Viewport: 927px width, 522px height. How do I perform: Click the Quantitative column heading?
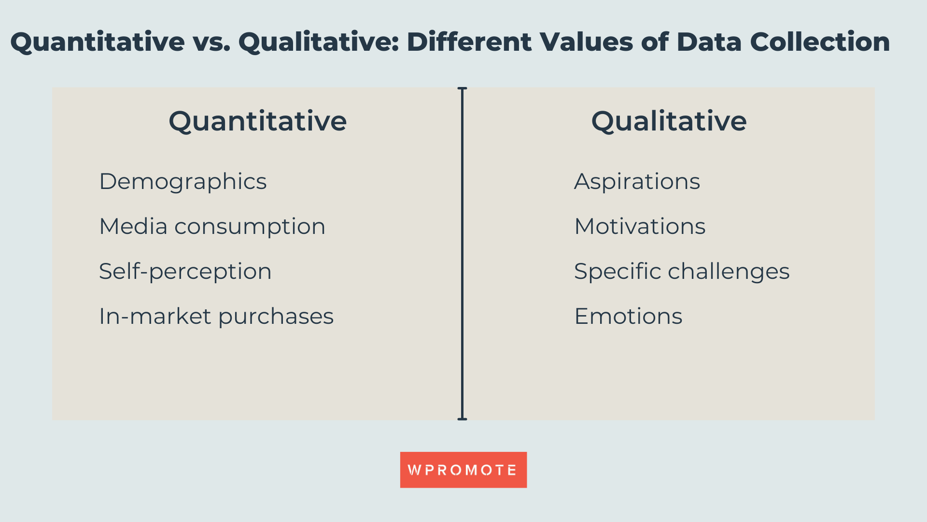(257, 121)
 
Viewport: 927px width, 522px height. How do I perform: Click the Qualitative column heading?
(669, 121)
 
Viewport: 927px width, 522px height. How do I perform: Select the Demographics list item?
(183, 182)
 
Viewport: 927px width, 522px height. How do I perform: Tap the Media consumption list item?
(212, 226)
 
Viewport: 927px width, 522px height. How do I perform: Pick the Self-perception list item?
(185, 271)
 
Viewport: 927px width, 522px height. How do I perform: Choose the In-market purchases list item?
(216, 316)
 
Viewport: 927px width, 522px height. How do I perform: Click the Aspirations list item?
(637, 182)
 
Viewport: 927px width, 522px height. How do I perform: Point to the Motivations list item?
(640, 226)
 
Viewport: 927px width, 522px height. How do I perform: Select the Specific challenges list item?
(681, 271)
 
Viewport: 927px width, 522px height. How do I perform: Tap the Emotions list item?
(628, 316)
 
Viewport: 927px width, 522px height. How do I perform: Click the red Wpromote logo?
(463, 470)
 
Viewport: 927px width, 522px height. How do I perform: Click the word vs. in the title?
(211, 42)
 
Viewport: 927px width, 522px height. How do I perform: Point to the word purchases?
(276, 317)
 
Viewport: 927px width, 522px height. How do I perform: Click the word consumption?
(250, 227)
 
